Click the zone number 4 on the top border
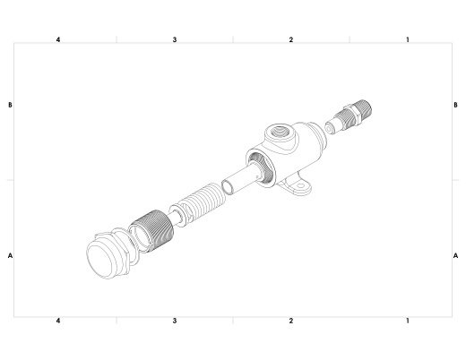tap(58, 39)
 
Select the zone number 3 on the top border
tap(175, 39)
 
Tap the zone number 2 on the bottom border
tap(291, 321)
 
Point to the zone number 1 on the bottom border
tap(408, 321)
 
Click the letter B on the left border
tap(10, 105)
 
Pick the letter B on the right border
tap(455, 105)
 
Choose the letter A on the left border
tap(10, 255)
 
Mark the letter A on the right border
tap(455, 255)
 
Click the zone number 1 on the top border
tap(408, 39)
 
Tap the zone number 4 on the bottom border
tap(58, 321)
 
